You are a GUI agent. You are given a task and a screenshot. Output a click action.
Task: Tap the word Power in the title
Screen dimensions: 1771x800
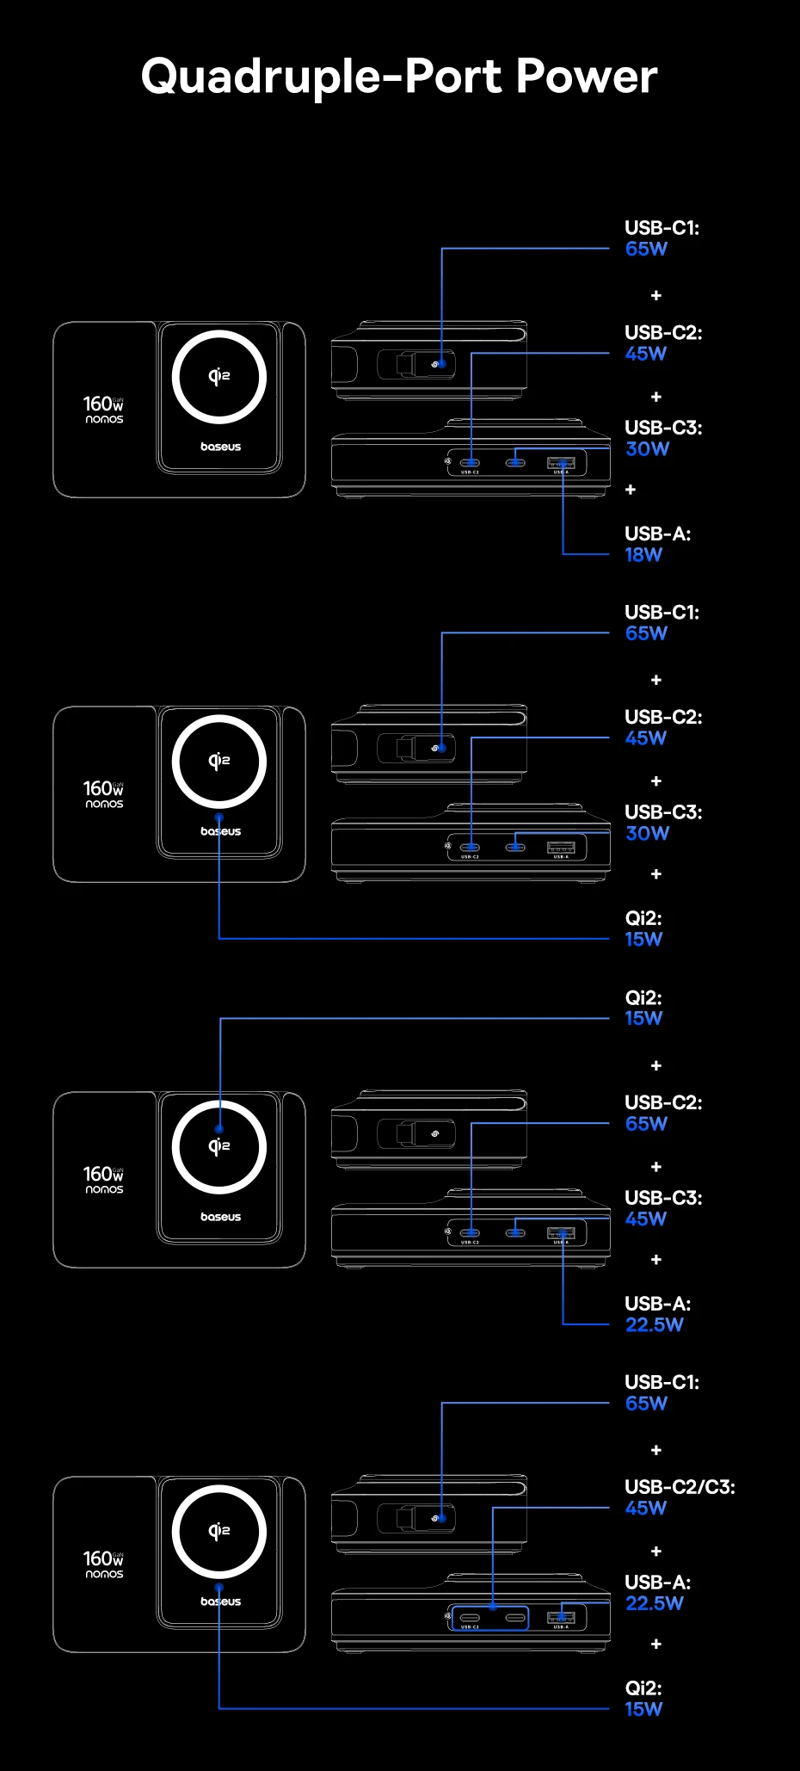[x=587, y=76]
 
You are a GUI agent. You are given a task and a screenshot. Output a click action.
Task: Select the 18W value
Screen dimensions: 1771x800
[x=643, y=555]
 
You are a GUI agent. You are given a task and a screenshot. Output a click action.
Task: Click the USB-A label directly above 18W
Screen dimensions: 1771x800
[x=657, y=534]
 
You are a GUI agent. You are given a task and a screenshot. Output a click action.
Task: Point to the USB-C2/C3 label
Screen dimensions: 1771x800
[x=680, y=1486]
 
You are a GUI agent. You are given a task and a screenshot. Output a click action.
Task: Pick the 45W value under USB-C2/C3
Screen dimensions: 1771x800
[x=646, y=1508]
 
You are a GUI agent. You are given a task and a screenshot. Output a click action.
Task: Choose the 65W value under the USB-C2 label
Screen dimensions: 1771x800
[x=646, y=1123]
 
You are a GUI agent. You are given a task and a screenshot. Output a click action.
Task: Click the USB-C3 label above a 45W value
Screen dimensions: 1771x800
[x=663, y=1197]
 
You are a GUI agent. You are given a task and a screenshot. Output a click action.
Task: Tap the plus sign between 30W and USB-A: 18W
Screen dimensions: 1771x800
[x=631, y=490]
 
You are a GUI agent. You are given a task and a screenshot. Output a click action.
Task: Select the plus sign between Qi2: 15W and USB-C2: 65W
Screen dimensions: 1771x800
[x=656, y=1065]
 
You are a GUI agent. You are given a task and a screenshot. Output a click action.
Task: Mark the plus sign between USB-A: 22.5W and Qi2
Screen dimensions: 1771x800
[x=656, y=1644]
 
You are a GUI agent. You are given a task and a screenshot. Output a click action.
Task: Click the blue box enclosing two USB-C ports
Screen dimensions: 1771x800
[x=489, y=1618]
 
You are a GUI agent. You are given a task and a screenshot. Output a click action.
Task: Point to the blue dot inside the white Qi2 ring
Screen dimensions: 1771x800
[x=219, y=1129]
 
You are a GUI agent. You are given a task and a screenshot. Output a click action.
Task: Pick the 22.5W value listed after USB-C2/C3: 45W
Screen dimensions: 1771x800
[x=654, y=1603]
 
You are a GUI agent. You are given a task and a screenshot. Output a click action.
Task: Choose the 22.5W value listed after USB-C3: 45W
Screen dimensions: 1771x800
[x=654, y=1324]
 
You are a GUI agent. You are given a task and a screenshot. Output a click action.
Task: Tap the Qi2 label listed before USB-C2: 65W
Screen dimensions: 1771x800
[x=643, y=997]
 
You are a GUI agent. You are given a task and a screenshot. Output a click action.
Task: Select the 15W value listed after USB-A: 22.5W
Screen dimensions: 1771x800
[x=643, y=1709]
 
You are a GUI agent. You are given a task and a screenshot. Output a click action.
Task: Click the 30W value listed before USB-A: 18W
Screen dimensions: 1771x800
[x=647, y=448]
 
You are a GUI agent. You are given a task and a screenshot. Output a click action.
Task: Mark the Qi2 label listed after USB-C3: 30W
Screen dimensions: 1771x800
[x=643, y=917]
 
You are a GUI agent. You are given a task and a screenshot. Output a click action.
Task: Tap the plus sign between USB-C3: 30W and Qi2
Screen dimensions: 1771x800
[x=656, y=874]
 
